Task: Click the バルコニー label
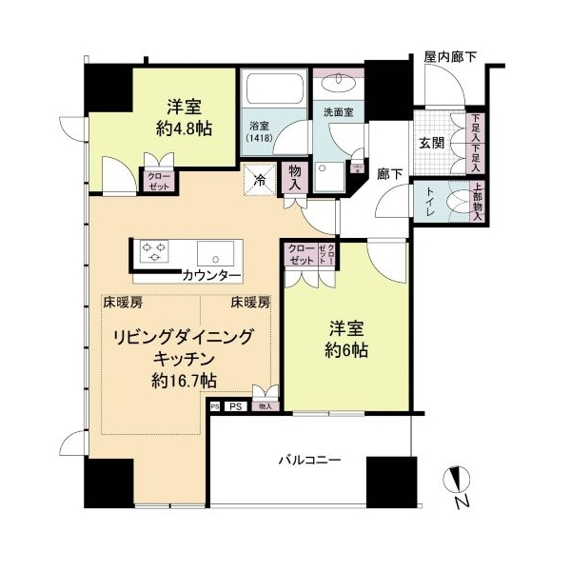309,460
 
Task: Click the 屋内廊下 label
450,58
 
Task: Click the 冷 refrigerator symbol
258,177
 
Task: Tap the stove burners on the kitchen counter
153,252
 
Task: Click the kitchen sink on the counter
214,253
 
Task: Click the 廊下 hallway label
388,174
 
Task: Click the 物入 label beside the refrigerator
294,178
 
